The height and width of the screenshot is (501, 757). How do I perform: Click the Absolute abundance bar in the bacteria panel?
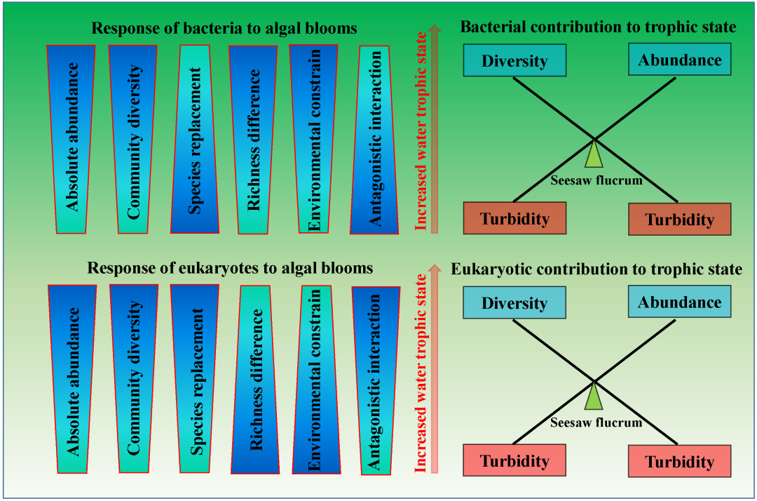(x=71, y=139)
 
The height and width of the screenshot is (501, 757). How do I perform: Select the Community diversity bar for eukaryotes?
(x=134, y=379)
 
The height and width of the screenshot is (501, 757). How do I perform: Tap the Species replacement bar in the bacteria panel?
(x=196, y=139)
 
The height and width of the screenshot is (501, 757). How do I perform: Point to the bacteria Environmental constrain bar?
(x=314, y=138)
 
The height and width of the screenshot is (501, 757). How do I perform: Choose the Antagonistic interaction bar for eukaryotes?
(x=376, y=380)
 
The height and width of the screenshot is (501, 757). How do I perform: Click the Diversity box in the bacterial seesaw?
(x=514, y=60)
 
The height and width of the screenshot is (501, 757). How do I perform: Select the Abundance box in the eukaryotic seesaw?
(x=680, y=302)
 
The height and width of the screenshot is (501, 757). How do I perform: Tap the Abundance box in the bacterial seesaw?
(x=680, y=60)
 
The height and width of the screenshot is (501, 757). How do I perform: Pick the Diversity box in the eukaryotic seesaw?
(x=514, y=303)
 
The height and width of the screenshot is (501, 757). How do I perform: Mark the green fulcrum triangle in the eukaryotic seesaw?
(x=594, y=398)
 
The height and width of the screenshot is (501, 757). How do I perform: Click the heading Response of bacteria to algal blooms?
(x=224, y=29)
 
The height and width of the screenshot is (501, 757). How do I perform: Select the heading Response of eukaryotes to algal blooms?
(x=230, y=269)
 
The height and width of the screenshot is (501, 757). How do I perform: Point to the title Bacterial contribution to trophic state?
(x=598, y=27)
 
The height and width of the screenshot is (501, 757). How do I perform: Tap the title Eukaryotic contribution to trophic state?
(x=596, y=269)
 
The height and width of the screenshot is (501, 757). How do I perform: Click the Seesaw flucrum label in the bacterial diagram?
(x=596, y=180)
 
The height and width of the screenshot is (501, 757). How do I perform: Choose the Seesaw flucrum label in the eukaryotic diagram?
(x=596, y=422)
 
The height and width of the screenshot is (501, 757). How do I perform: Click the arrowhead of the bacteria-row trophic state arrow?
(x=435, y=30)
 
